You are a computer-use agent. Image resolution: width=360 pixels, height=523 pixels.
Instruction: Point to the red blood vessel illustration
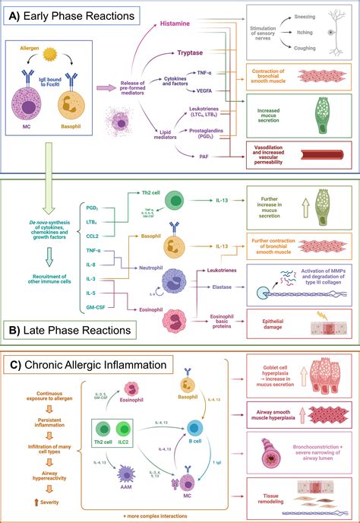[x=327, y=155]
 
